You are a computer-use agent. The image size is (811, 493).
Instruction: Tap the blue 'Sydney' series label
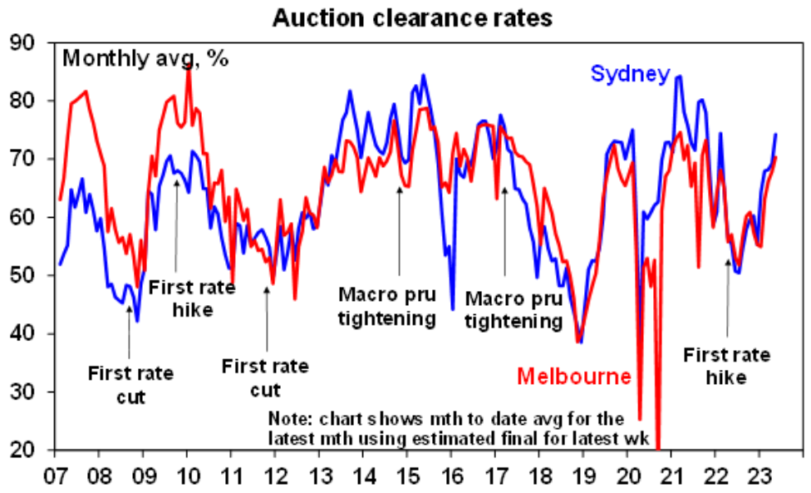point(630,74)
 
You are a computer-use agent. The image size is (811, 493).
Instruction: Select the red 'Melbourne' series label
point(574,376)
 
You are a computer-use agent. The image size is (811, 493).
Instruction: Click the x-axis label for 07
point(56,471)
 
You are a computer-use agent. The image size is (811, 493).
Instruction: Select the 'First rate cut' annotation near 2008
point(130,384)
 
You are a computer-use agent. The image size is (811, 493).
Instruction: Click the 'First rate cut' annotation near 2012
point(266,377)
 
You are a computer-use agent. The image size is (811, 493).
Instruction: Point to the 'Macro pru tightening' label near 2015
point(387,305)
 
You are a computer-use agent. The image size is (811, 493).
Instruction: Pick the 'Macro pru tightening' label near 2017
point(514,308)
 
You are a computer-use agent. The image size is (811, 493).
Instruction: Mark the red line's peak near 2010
point(189,67)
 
